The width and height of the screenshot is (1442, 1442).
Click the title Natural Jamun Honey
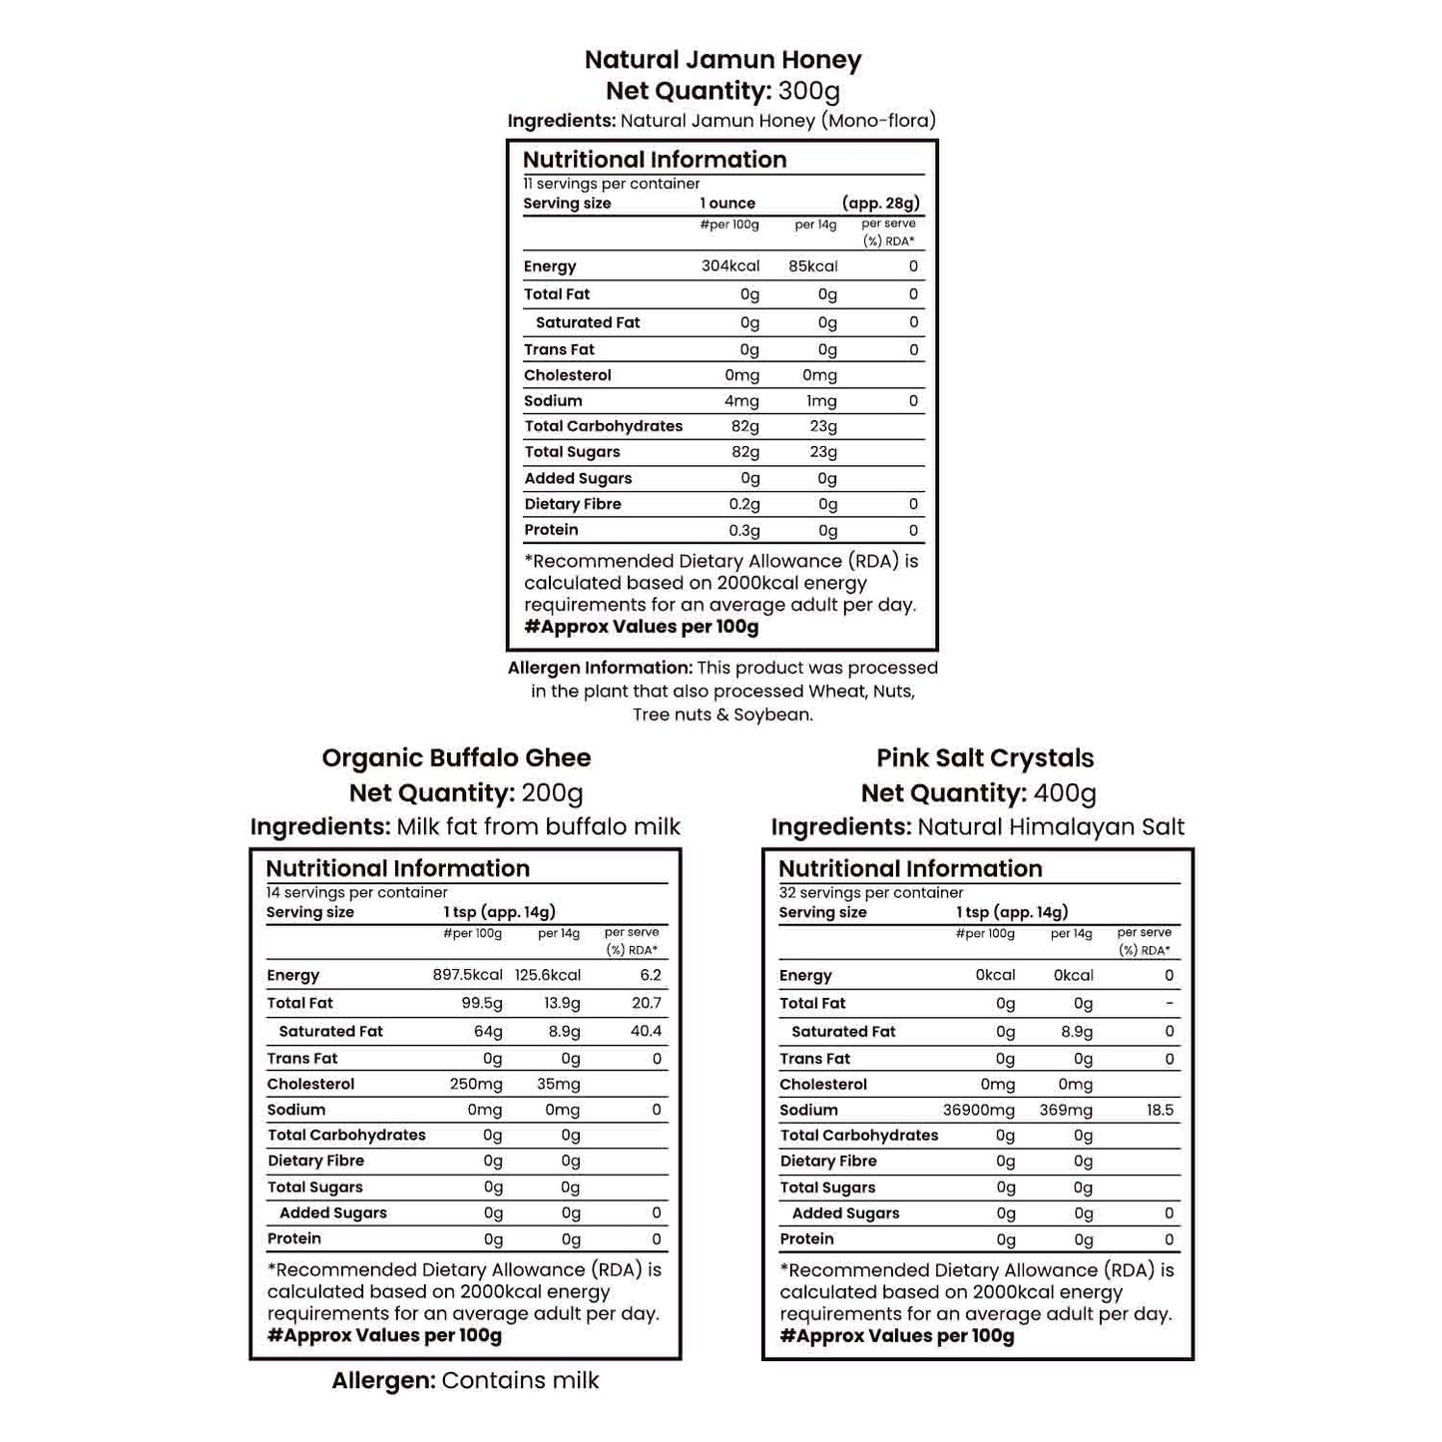722,60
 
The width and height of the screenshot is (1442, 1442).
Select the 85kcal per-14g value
812,266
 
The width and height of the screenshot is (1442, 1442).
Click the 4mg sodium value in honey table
741,401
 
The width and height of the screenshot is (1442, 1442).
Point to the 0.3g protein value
743,531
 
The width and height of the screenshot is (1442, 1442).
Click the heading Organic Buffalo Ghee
456,758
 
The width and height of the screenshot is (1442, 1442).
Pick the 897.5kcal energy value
467,975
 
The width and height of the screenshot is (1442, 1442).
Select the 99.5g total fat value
479,1003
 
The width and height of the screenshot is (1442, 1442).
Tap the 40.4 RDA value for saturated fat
646,1031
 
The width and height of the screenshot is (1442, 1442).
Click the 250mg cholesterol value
475,1084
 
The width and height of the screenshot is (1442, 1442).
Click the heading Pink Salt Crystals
985,758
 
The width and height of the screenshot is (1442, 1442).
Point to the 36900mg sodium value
978,1110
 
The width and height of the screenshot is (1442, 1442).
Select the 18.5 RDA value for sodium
1160,1110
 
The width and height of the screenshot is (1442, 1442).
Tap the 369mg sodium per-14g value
1065,1110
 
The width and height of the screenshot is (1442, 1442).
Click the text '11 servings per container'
611,184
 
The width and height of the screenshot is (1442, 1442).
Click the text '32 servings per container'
870,892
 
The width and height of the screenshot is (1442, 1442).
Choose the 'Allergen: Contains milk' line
465,1380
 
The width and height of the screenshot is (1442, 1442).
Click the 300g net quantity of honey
808,91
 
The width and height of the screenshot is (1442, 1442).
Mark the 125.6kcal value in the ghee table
547,975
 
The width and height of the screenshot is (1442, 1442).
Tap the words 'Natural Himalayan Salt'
1050,827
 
